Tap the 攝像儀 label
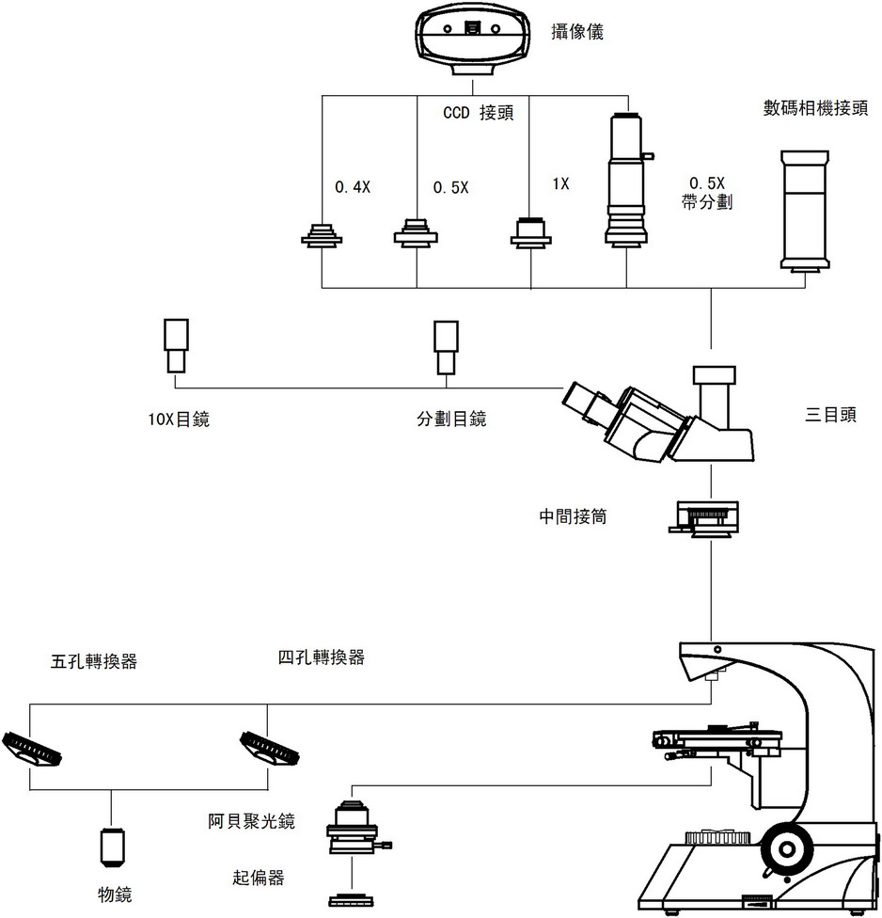(576, 33)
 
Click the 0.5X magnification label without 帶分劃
(450, 187)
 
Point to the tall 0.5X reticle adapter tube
(625, 179)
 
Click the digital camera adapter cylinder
(804, 209)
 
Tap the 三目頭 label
(831, 415)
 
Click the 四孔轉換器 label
(322, 657)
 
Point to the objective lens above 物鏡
(112, 847)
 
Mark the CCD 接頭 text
(480, 112)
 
